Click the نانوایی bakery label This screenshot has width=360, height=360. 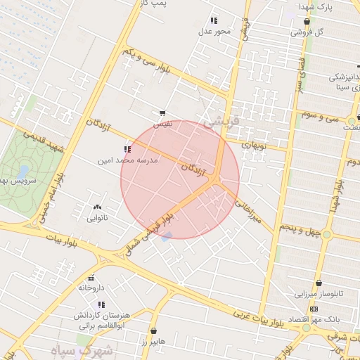tap(96, 218)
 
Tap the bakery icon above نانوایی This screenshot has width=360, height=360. tap(97, 207)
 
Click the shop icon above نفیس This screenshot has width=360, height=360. tap(162, 113)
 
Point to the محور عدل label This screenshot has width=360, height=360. tap(214, 31)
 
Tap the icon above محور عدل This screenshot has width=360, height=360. tap(214, 20)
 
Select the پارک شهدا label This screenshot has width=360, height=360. tap(314, 6)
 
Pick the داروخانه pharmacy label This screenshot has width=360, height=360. tap(91, 288)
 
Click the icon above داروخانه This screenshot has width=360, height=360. tap(91, 278)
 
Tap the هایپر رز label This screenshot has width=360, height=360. tap(152, 341)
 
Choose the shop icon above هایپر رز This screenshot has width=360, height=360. tap(153, 330)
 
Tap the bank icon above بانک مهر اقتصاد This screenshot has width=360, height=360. tap(313, 309)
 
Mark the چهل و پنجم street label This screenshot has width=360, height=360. tap(300, 229)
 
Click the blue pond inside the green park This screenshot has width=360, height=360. tap(23, 171)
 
